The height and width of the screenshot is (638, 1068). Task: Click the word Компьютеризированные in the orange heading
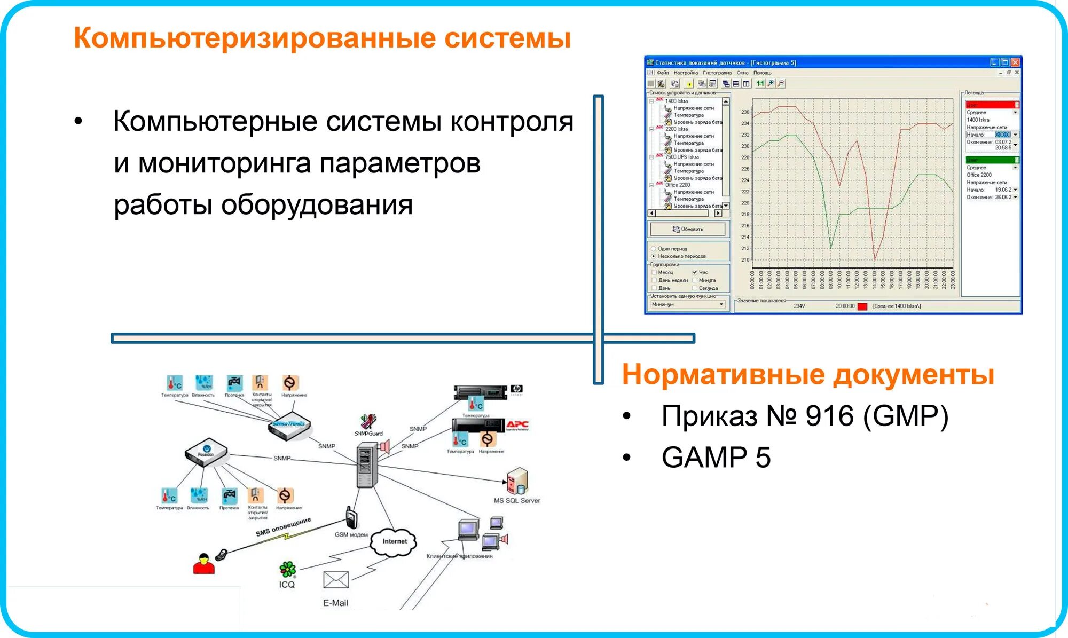point(254,38)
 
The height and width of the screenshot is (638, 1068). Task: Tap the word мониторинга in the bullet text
point(224,163)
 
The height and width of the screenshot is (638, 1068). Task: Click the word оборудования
point(317,205)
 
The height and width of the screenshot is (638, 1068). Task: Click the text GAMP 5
point(716,458)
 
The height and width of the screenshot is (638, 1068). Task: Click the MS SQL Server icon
point(516,481)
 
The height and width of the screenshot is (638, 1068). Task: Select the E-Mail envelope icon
point(336,580)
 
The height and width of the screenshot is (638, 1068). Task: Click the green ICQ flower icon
point(287,569)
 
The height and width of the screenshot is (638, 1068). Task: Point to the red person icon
point(203,564)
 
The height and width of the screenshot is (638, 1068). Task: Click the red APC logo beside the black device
point(517,426)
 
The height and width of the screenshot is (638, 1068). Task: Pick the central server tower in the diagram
point(366,467)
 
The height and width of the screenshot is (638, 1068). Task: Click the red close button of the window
point(1015,62)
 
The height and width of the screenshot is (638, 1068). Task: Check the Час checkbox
point(695,272)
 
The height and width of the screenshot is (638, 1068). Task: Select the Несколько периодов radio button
point(654,256)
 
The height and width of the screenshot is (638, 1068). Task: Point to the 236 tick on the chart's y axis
point(745,112)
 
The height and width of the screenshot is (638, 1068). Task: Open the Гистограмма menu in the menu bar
point(717,73)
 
